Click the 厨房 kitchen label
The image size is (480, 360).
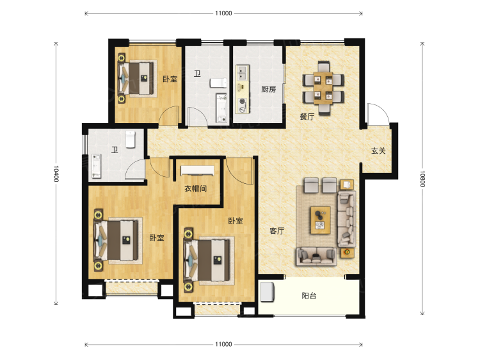tap(268, 89)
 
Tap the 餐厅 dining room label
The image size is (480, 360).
tap(307, 117)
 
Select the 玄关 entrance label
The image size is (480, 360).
tap(378, 151)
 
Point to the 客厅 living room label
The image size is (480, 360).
tap(276, 231)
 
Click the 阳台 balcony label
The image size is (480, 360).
tap(309, 296)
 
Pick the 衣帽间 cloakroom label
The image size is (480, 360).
tap(196, 188)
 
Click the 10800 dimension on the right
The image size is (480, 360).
tap(422, 179)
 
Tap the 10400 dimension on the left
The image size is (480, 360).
tap(56, 174)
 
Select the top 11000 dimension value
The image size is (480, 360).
tap(223, 13)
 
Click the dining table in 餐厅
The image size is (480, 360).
tap(323, 88)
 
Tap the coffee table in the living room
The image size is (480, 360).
tap(320, 220)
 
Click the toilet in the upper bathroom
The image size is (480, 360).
tap(218, 83)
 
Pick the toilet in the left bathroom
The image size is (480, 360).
tap(131, 140)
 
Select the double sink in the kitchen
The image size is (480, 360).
tap(242, 72)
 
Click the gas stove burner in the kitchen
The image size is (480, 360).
tap(243, 101)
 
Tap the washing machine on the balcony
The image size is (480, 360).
tap(267, 291)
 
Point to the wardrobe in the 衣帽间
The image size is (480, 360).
tap(198, 170)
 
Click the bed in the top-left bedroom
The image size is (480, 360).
tap(138, 78)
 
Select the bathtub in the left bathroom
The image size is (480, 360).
tap(96, 166)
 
